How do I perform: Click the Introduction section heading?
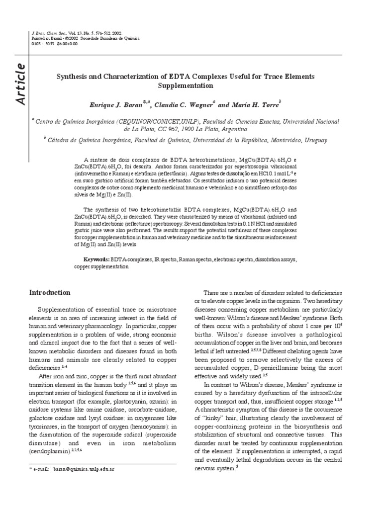click(50, 292)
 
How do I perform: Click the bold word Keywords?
click(96, 259)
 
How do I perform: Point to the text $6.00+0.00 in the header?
click(68, 43)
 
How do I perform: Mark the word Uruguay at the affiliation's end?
click(316, 141)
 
